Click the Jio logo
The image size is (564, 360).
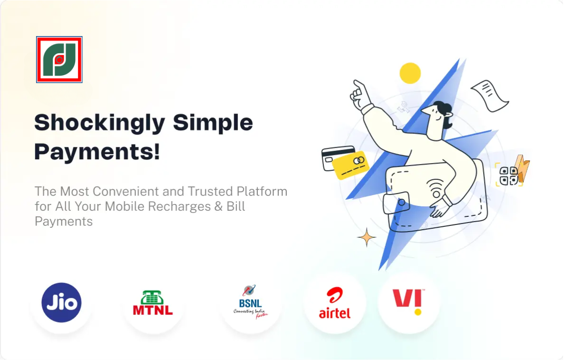[61, 302]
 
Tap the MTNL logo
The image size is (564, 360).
[153, 303]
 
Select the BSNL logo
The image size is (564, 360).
[251, 302]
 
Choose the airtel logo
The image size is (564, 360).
[334, 303]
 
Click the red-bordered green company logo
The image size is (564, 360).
[59, 59]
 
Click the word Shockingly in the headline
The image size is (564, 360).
[100, 123]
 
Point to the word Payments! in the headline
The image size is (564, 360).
[97, 151]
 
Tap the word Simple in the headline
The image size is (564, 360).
[213, 123]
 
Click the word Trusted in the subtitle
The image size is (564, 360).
[210, 191]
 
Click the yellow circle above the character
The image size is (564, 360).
[410, 73]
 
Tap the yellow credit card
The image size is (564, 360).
[350, 165]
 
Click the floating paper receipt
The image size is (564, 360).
[490, 95]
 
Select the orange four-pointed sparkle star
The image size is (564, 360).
[367, 237]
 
